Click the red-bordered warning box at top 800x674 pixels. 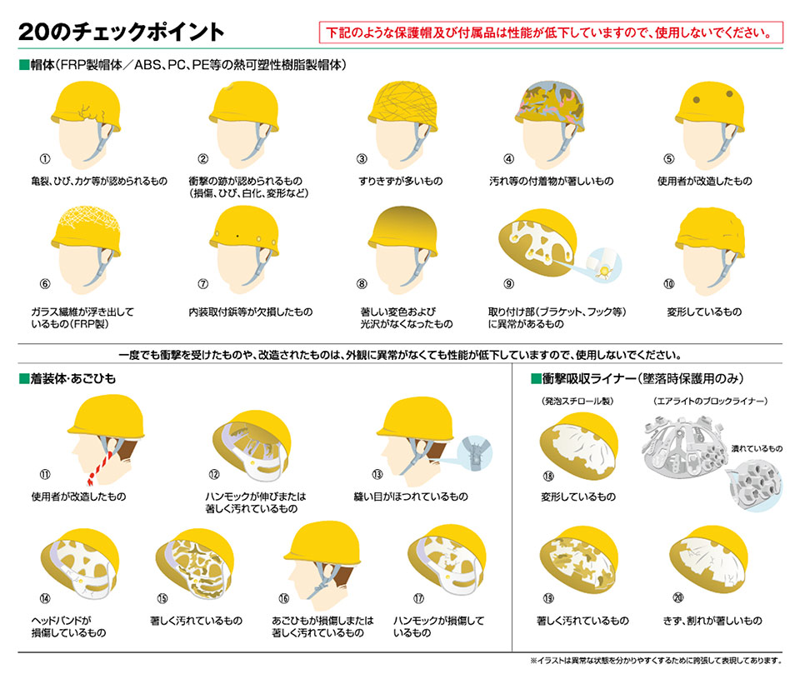coord(551,32)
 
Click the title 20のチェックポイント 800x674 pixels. coord(122,32)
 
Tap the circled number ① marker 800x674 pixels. coord(45,158)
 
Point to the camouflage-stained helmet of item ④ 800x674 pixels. coord(549,106)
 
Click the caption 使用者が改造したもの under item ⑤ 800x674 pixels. coord(705,181)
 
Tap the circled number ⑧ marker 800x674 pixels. coord(362,284)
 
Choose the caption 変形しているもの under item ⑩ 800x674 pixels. coord(705,312)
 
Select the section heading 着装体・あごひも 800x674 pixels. coord(73,378)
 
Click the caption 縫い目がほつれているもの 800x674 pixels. coord(411,496)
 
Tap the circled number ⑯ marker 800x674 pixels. coord(283,598)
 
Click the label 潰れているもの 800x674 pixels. coord(757,448)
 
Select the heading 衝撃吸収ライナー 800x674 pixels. coord(589,378)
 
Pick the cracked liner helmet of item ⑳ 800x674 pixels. coord(709,559)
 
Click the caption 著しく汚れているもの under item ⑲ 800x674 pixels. coord(582,621)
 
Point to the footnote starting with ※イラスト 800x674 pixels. coord(656,660)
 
